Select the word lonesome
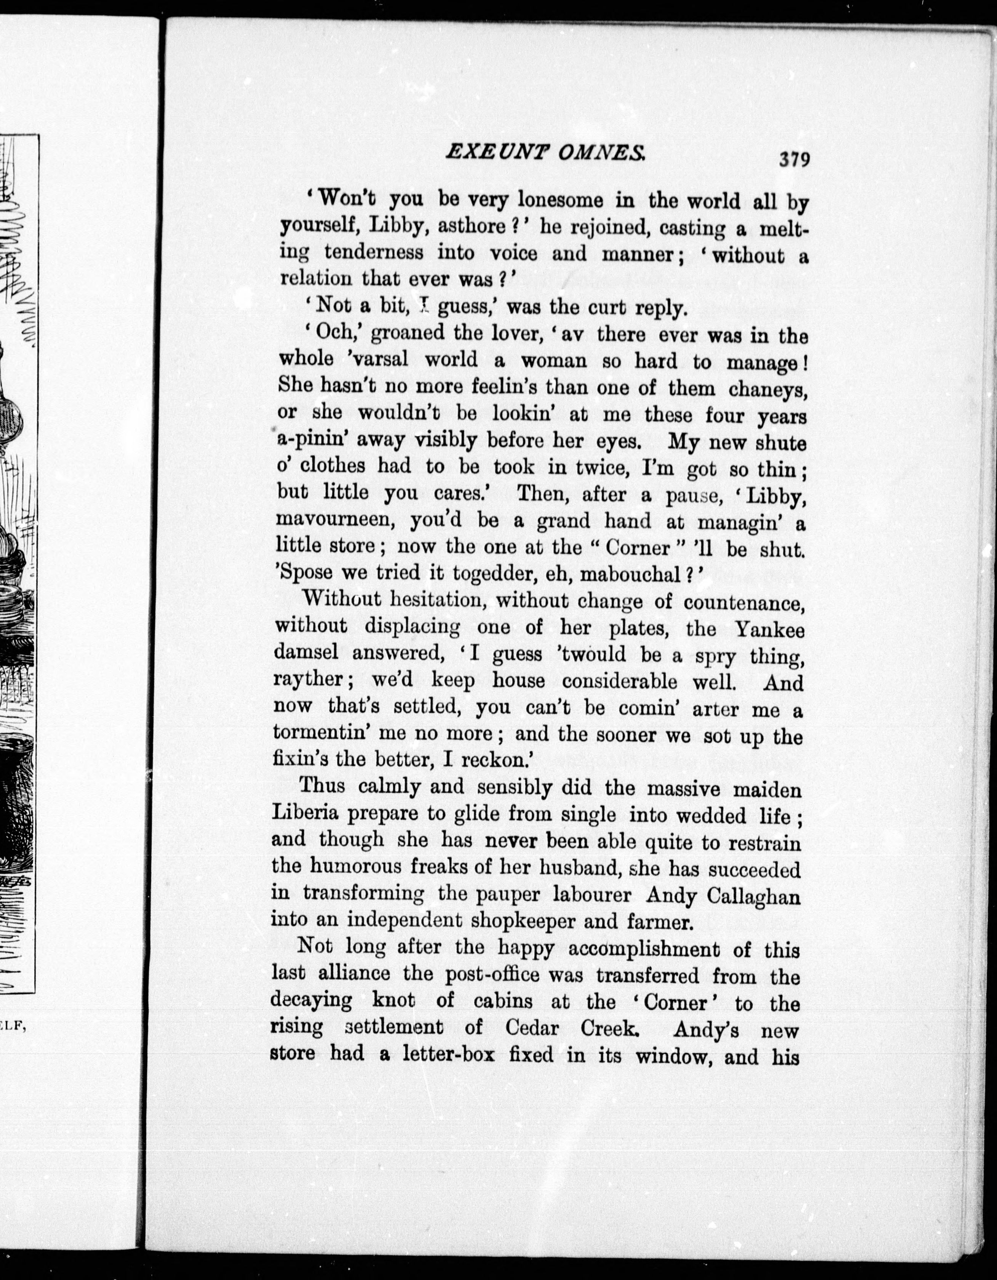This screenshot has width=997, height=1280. point(560,201)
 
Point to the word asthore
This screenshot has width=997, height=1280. point(472,226)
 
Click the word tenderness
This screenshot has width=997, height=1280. point(373,252)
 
